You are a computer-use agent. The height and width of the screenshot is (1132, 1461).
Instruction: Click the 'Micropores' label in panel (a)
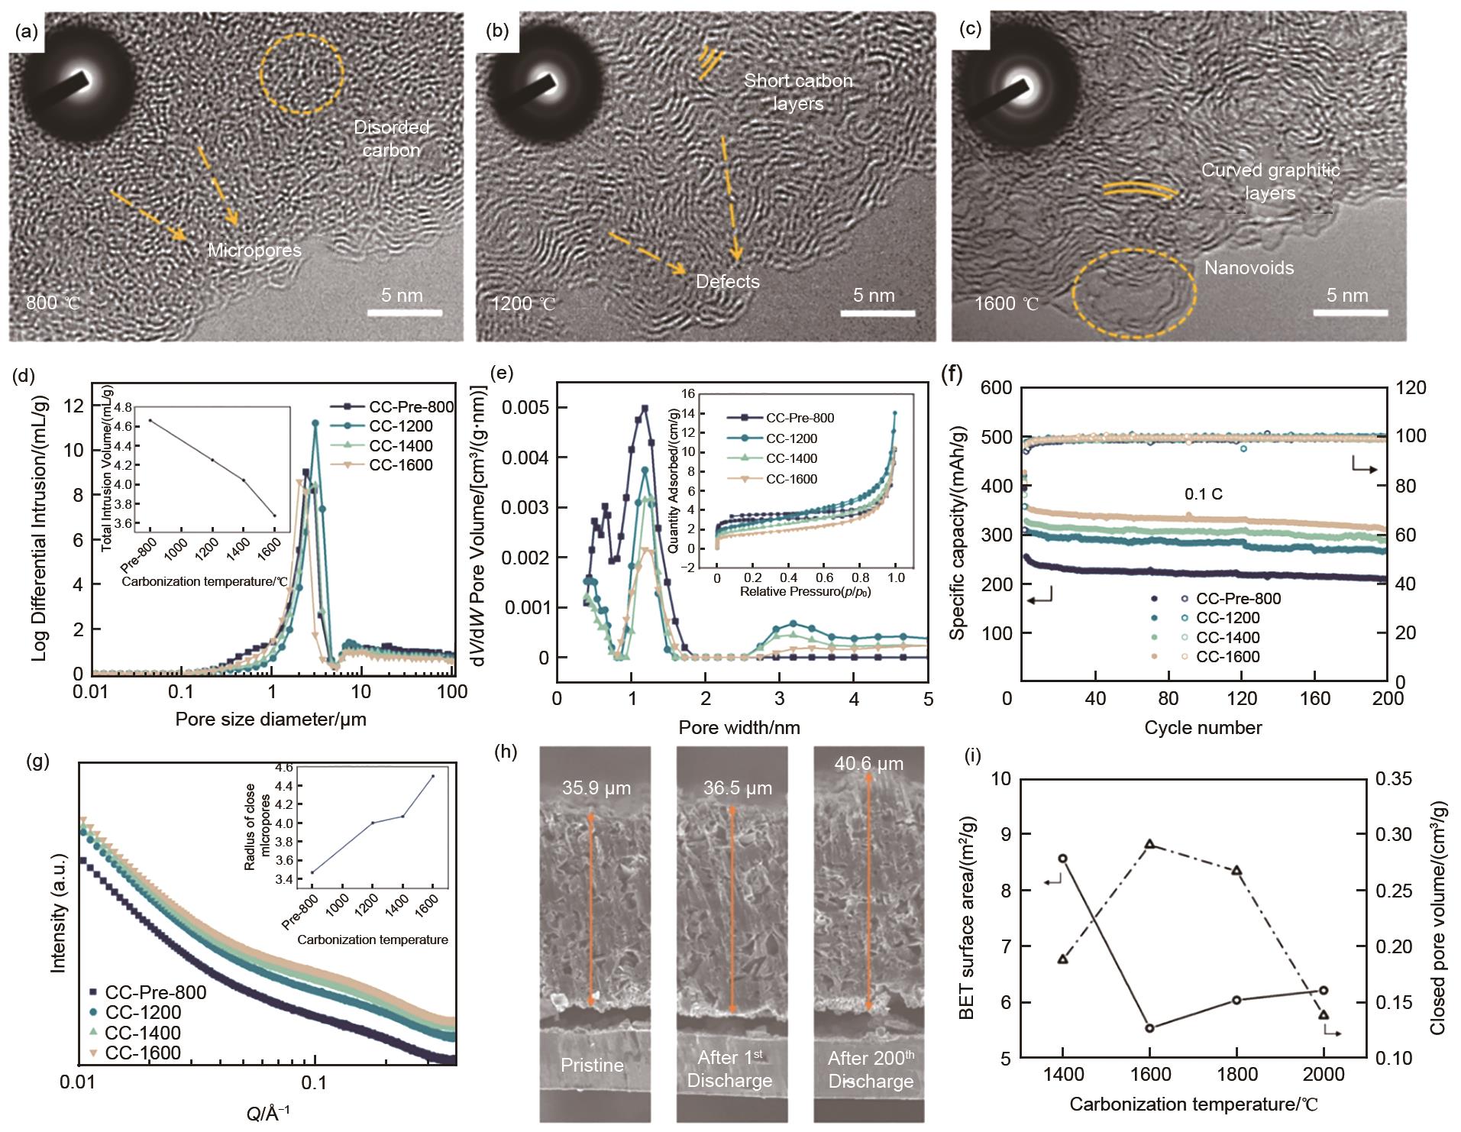tap(254, 250)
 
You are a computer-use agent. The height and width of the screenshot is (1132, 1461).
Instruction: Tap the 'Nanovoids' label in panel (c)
tap(1249, 267)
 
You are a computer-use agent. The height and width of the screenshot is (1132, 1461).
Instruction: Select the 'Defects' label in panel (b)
tap(727, 281)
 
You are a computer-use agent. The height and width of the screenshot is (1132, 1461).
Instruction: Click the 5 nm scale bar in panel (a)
tap(404, 312)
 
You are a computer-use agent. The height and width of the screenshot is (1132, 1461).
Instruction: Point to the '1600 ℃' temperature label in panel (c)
tap(1007, 304)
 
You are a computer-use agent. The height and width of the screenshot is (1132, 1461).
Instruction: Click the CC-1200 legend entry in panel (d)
tap(400, 426)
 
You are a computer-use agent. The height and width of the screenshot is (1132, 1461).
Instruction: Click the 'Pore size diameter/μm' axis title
tap(270, 719)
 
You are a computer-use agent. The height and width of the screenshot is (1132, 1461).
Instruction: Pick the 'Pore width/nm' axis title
tap(739, 727)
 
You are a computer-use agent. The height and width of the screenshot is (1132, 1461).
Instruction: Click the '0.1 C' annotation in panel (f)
tap(1203, 494)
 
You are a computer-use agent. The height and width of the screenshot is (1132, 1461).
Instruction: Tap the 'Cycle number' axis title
tap(1203, 727)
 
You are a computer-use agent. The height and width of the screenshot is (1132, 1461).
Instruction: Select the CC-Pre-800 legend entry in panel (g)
tap(155, 992)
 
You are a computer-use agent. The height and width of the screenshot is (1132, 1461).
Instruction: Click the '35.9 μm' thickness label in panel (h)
tap(596, 788)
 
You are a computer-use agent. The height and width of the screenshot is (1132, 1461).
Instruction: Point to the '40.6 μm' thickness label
tap(868, 763)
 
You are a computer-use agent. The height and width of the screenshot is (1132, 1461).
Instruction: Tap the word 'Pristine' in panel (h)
tap(592, 1065)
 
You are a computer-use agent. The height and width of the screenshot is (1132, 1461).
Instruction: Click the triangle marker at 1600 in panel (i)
tap(1149, 844)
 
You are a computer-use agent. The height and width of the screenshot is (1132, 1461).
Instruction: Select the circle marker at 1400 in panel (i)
tap(1062, 859)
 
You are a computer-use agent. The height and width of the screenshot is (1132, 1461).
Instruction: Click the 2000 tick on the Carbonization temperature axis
tap(1324, 1074)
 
